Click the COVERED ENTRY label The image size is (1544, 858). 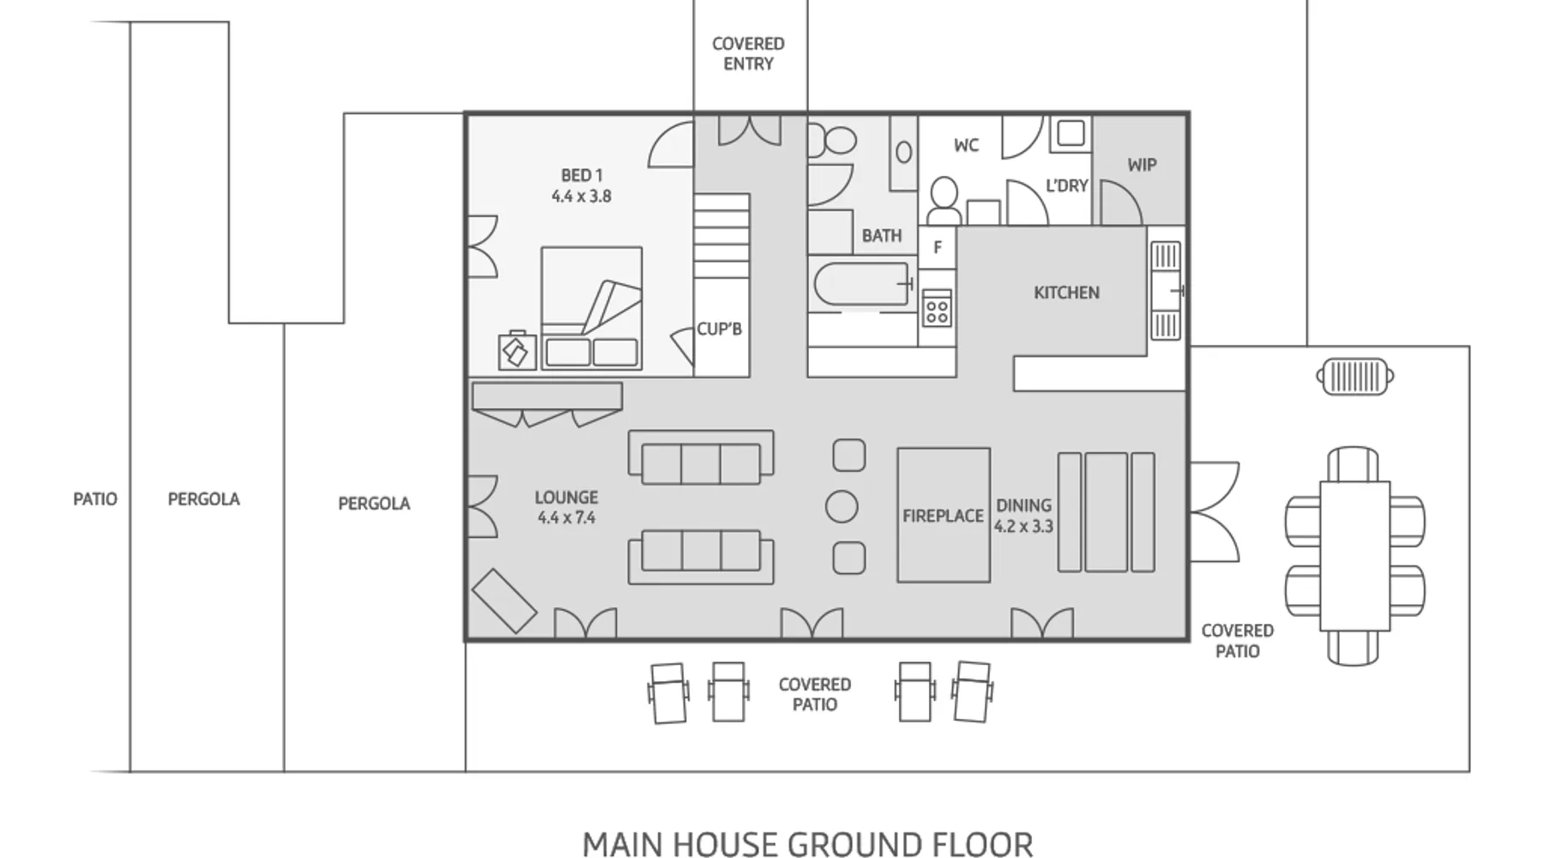click(x=748, y=53)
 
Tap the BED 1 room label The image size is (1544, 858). click(x=582, y=185)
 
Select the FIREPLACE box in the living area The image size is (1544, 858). click(x=944, y=515)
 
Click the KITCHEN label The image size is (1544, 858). click(x=1066, y=293)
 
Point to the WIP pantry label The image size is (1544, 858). click(x=1142, y=165)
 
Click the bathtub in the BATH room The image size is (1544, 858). click(x=862, y=284)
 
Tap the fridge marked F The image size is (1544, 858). click(x=938, y=247)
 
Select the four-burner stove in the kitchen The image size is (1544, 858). click(x=937, y=308)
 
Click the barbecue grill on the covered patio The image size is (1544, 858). click(x=1355, y=376)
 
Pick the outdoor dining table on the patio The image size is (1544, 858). click(x=1354, y=555)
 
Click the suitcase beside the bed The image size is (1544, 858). click(x=517, y=351)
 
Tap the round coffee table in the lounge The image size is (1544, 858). click(x=841, y=507)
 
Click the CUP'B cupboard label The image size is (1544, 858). click(x=719, y=329)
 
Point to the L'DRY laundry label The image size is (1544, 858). click(x=1067, y=185)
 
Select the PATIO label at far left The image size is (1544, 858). click(x=95, y=498)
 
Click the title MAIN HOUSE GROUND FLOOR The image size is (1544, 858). click(x=807, y=843)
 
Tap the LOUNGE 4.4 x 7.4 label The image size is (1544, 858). click(x=566, y=507)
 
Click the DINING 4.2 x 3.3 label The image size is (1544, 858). click(x=1023, y=516)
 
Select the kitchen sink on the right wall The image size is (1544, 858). click(x=1165, y=291)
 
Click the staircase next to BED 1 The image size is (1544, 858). click(x=721, y=235)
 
